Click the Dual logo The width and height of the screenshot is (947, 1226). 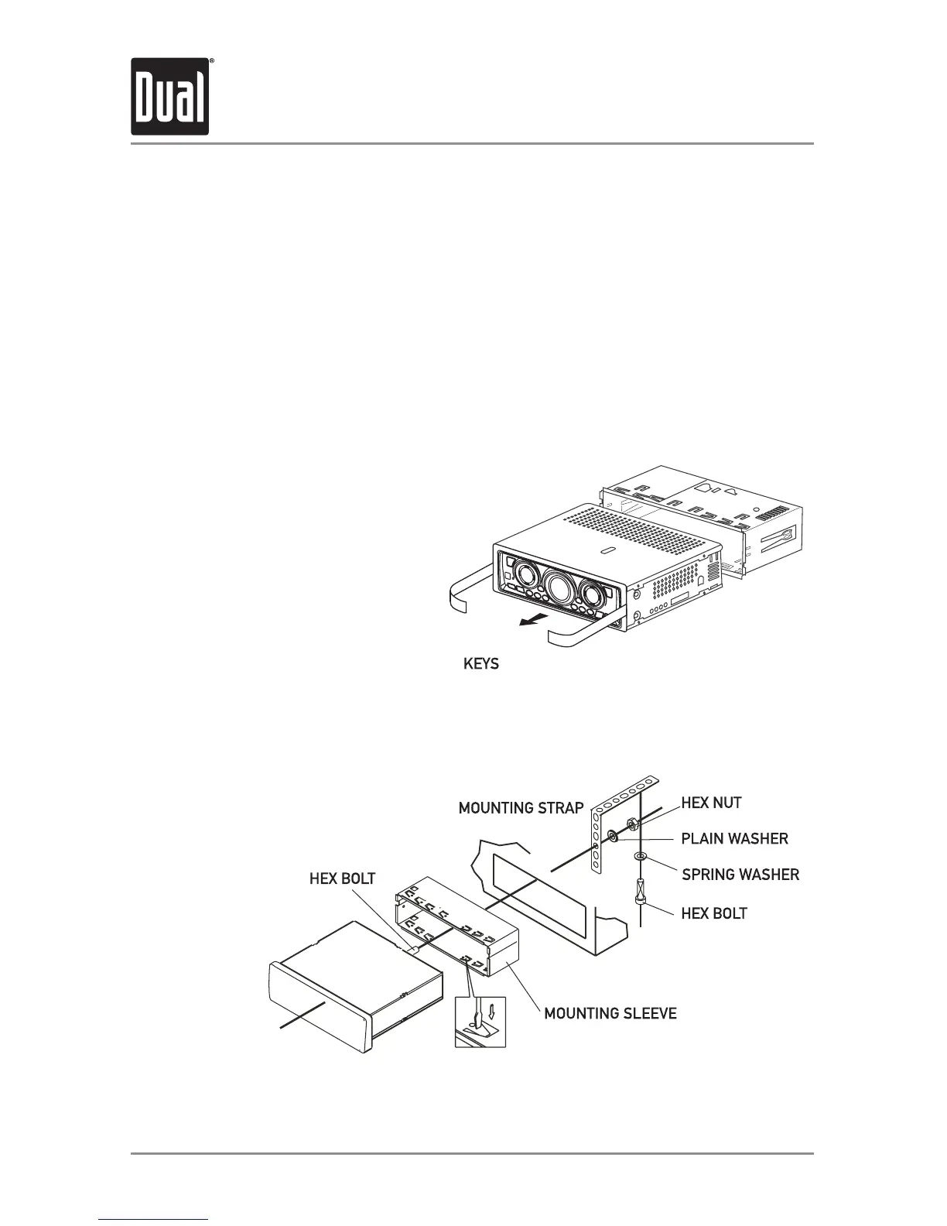click(170, 97)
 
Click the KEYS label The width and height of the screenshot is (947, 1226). click(480, 664)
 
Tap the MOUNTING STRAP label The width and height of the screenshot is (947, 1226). click(521, 808)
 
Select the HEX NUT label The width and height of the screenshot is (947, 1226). click(711, 803)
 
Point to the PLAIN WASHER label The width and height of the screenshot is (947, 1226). click(734, 838)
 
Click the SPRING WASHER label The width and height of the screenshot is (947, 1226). click(740, 875)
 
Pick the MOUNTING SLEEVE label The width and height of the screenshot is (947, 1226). click(610, 1013)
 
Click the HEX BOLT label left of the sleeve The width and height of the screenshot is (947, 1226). click(342, 878)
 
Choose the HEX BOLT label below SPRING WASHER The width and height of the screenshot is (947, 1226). click(714, 913)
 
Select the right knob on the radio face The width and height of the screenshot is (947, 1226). click(593, 597)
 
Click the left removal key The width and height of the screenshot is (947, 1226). click(472, 588)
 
